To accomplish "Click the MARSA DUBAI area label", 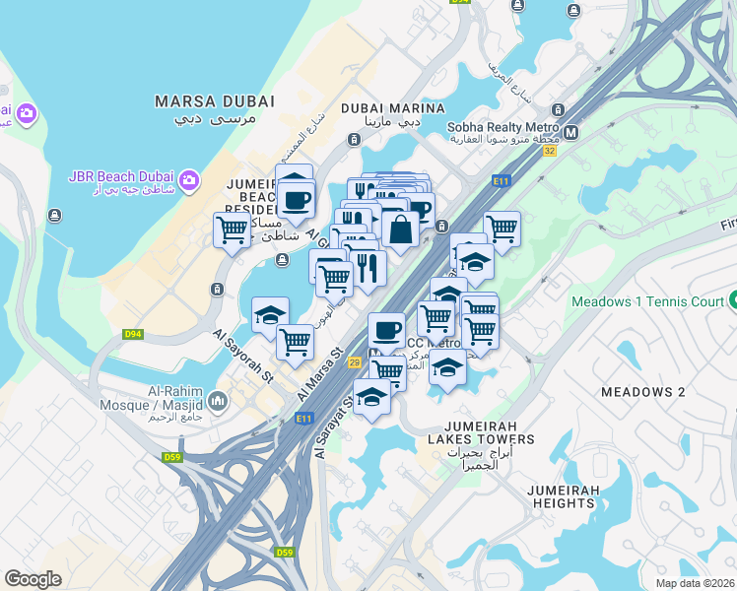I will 205,101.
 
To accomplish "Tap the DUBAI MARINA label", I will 381,108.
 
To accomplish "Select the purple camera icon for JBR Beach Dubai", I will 188,178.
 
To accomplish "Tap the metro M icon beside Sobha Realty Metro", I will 570,130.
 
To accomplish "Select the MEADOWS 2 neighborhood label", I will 642,392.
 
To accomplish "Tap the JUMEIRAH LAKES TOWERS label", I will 481,439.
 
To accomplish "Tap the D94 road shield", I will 133,335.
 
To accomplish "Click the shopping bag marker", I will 401,230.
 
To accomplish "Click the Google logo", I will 33,578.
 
